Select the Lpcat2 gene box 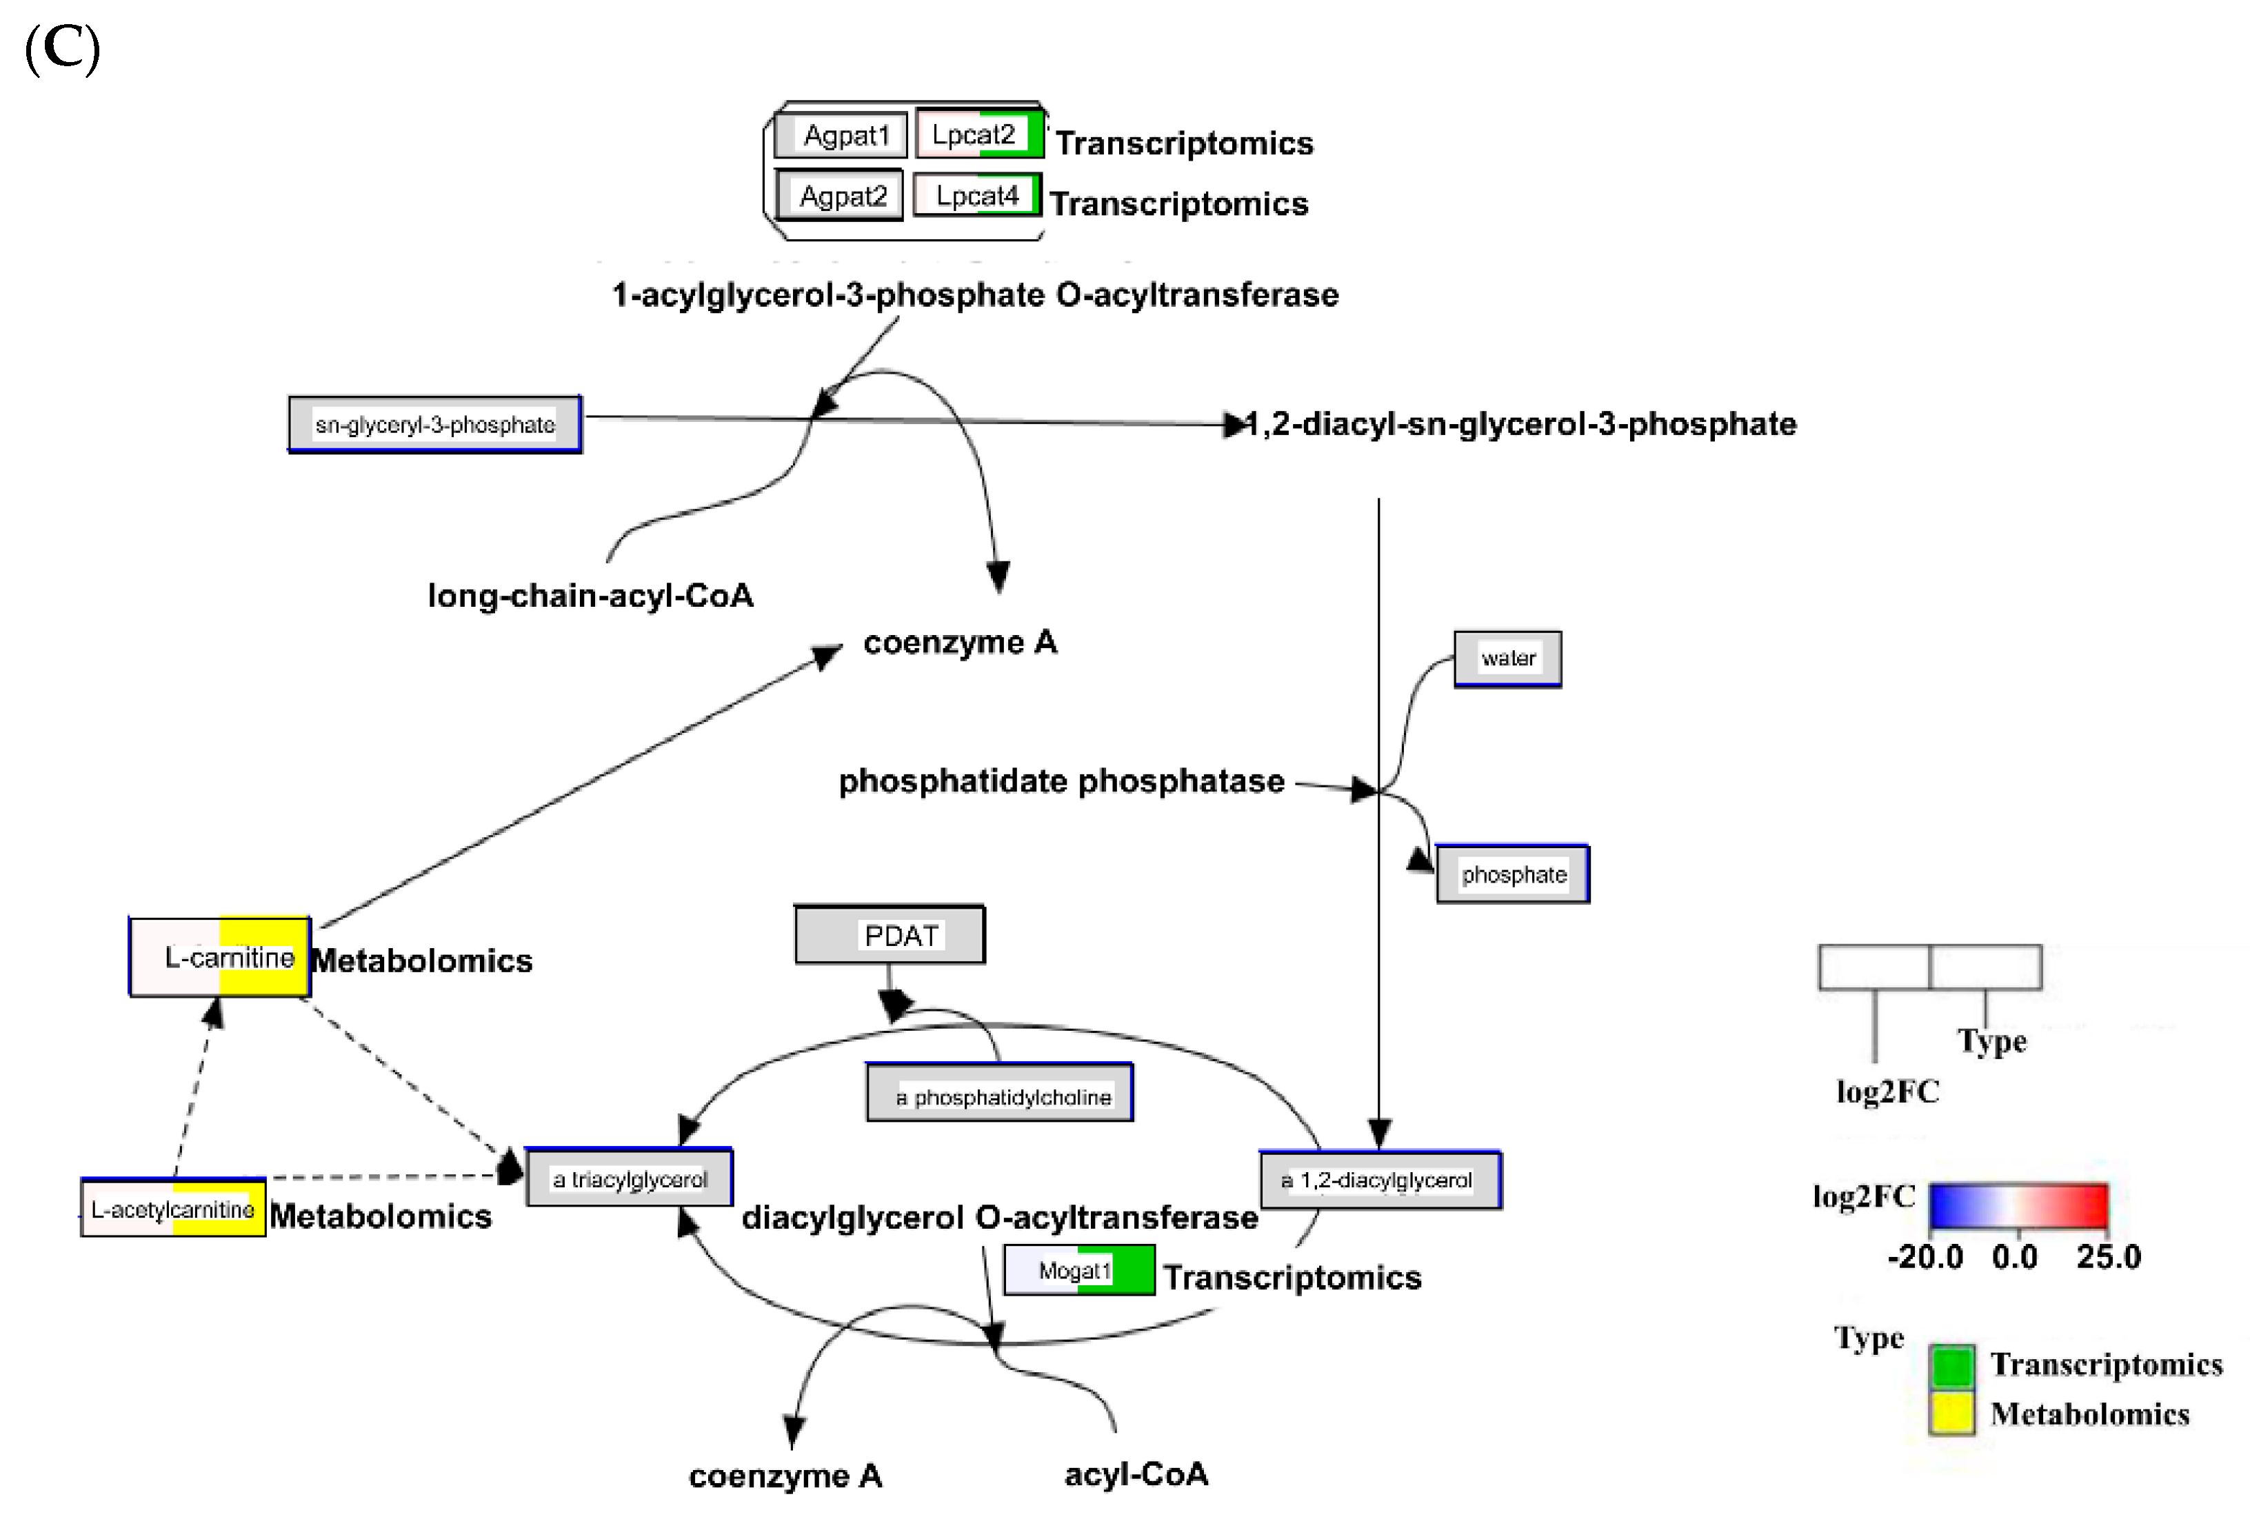978,134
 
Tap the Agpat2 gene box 839,196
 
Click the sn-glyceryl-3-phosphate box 434,424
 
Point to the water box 1507,659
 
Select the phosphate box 1512,874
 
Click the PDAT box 890,935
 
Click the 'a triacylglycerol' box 630,1178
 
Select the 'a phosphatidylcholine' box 999,1095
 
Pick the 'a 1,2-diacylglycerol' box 1380,1180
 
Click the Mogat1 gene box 1078,1270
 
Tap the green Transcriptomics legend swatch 1952,1366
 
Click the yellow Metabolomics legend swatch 1952,1414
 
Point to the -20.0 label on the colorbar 1925,1256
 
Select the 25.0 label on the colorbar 2109,1256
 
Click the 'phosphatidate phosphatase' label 1061,781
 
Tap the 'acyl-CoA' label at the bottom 1136,1474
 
